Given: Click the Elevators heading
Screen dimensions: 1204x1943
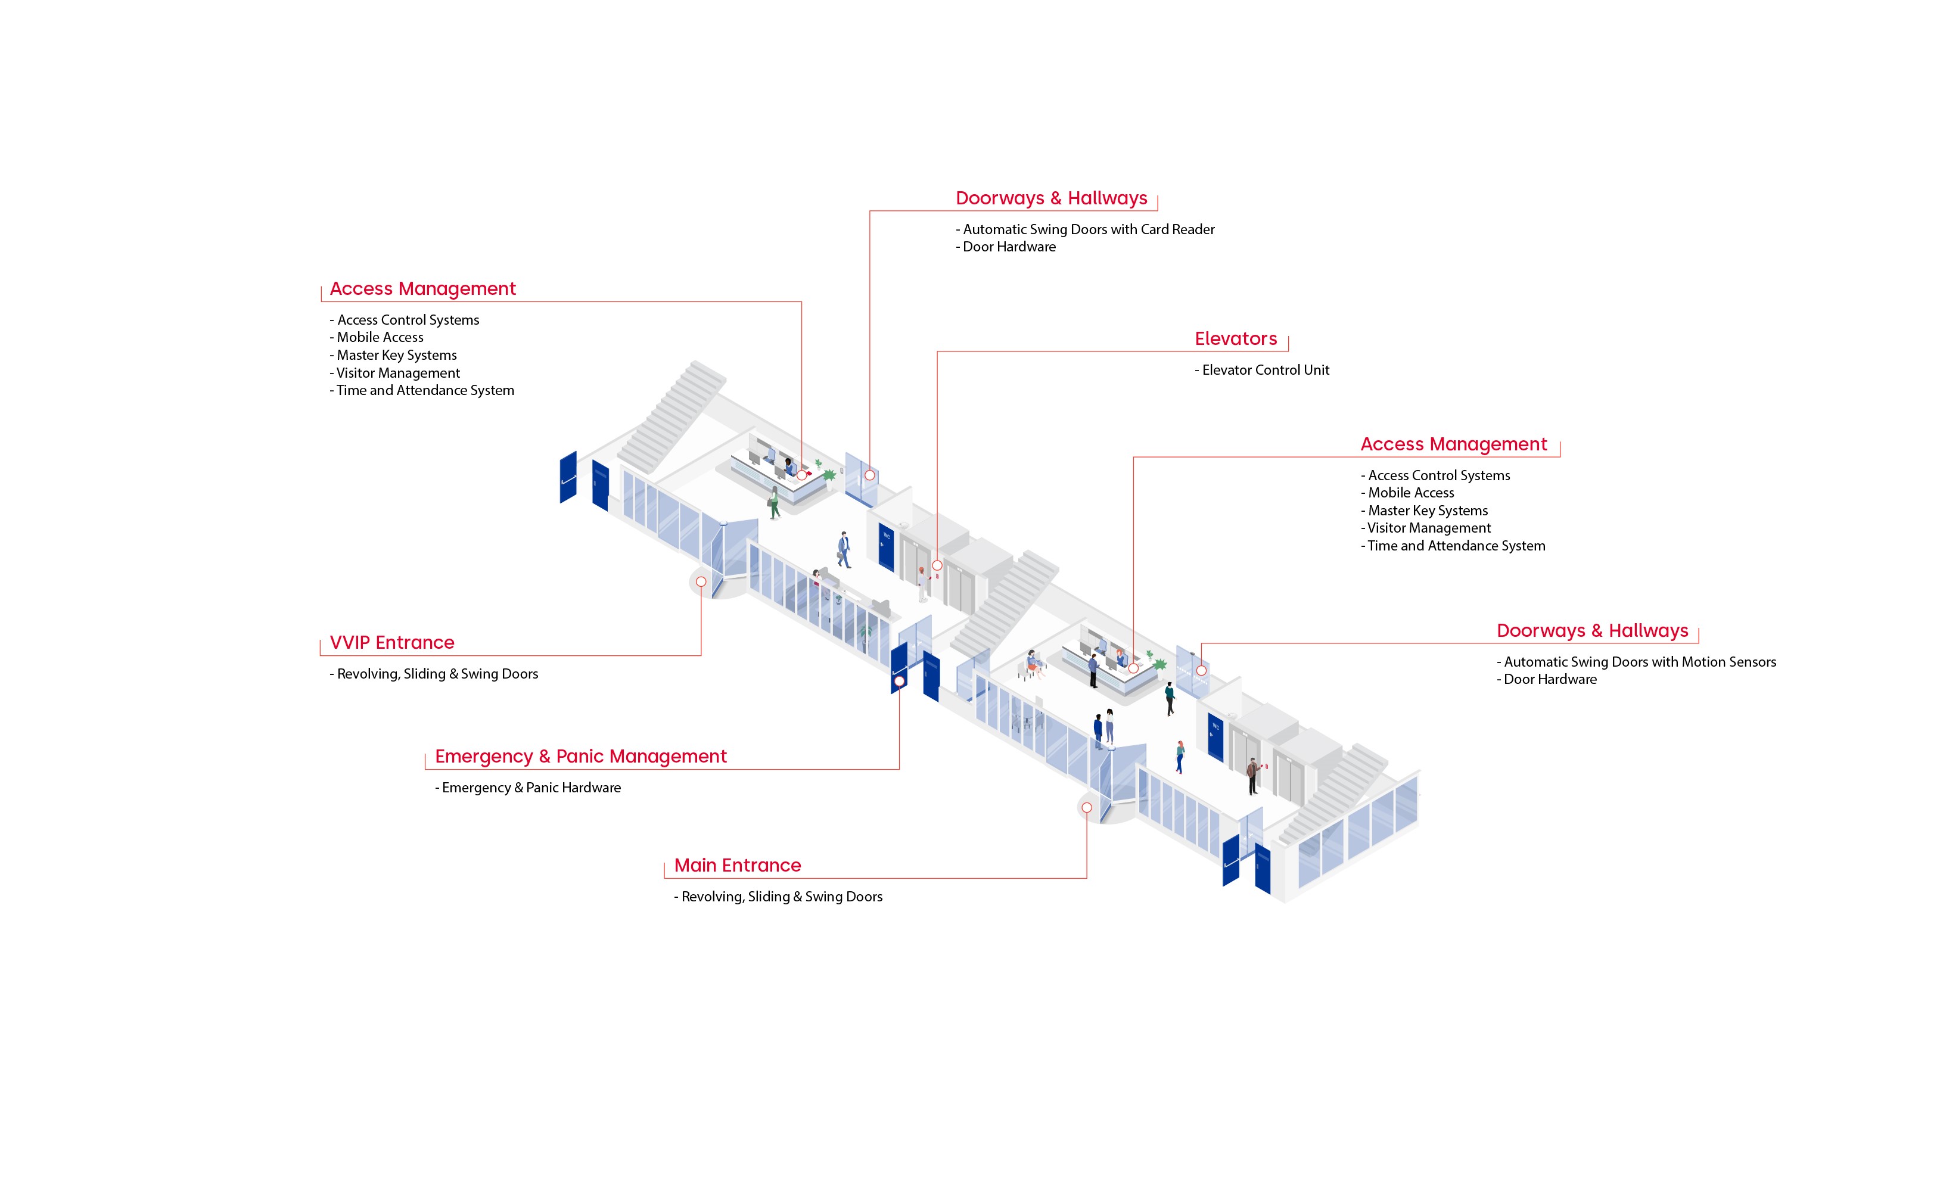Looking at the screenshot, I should point(1235,339).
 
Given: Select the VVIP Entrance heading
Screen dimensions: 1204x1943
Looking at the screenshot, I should point(392,643).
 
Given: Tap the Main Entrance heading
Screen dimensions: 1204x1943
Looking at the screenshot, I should point(738,866).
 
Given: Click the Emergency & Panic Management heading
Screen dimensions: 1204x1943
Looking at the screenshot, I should point(580,757).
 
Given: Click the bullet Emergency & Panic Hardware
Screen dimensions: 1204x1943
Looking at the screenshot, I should point(530,788).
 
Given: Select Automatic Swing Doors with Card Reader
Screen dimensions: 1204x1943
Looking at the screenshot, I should point(1088,229).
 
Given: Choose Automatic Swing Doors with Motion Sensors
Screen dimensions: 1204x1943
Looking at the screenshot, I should point(1639,662).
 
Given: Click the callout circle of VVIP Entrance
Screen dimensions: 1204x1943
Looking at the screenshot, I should point(701,582).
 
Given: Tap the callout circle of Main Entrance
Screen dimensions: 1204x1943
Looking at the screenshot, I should point(1086,807).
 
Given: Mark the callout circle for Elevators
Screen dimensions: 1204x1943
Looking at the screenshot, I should point(937,565).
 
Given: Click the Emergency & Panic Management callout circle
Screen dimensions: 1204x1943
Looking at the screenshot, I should point(899,681).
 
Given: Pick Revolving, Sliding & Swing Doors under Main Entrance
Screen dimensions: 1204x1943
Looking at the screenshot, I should point(781,897).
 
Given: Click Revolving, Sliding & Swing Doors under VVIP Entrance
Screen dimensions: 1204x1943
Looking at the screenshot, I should point(437,674).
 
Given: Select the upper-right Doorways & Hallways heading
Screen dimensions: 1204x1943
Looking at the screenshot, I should point(1592,631).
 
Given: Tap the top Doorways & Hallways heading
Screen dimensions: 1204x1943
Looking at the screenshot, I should point(1051,198).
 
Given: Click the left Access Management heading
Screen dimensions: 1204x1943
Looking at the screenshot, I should point(423,289).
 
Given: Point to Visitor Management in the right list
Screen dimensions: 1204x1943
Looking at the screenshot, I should point(1429,528).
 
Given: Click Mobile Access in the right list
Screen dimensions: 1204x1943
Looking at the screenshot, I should point(1410,493).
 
